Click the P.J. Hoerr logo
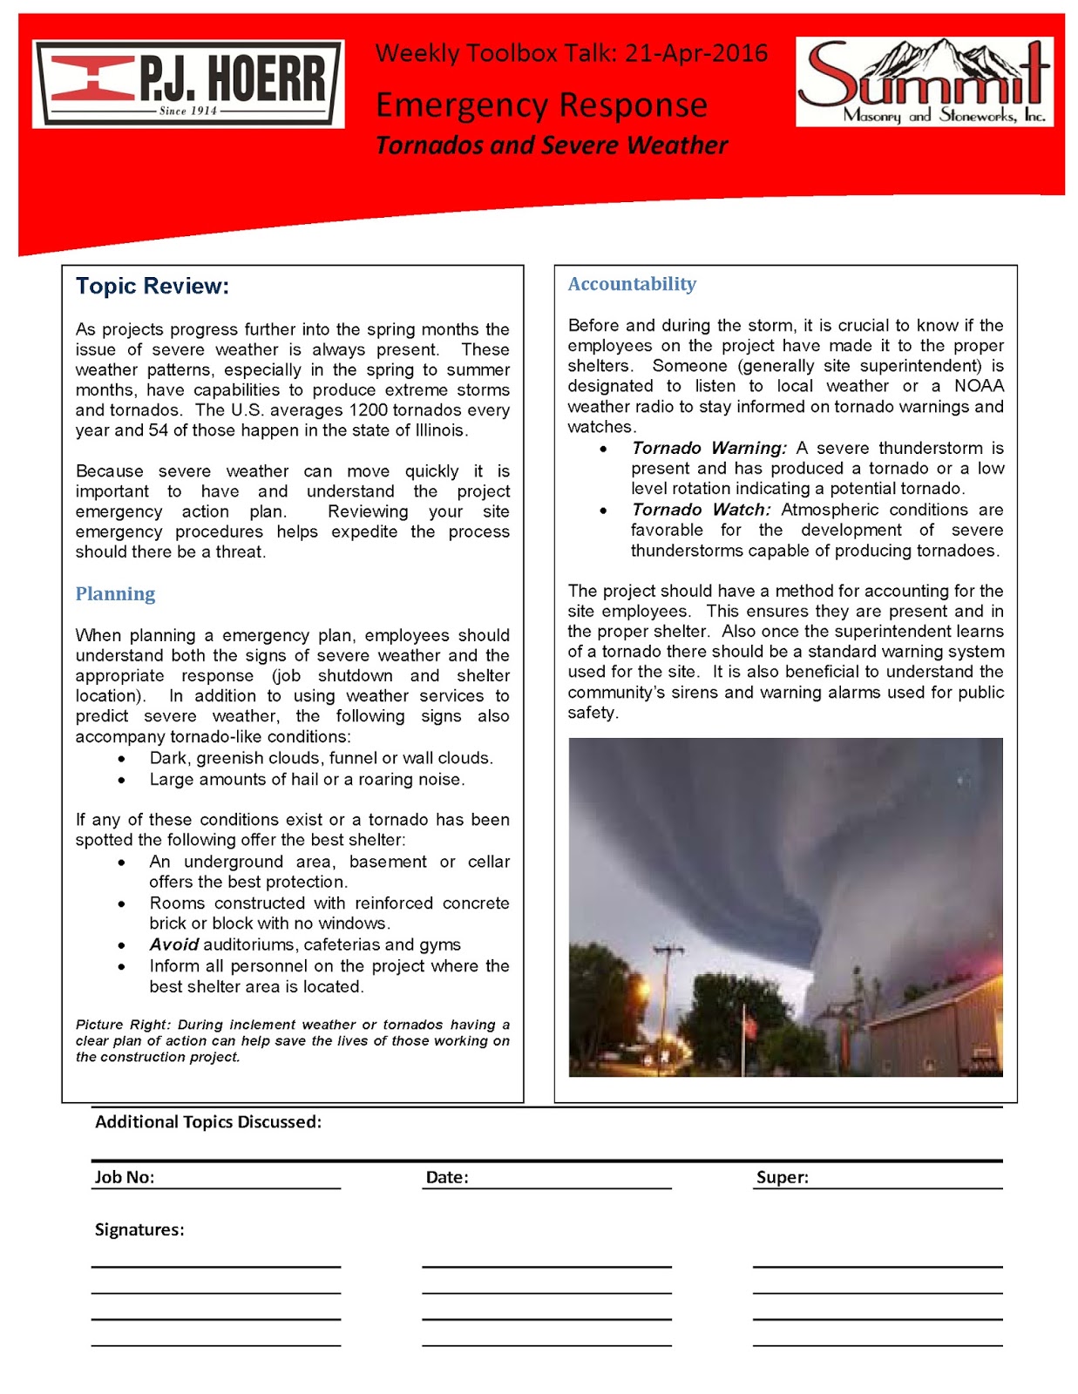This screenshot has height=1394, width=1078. (x=188, y=85)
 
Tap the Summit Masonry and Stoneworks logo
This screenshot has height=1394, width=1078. (x=924, y=82)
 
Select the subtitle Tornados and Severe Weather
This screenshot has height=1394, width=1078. (x=551, y=145)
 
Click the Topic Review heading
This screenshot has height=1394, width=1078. (x=153, y=287)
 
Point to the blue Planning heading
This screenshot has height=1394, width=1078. (x=115, y=594)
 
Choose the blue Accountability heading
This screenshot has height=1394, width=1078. (x=632, y=284)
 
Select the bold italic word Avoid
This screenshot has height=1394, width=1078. (x=173, y=944)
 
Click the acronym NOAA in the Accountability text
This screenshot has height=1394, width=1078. (x=979, y=386)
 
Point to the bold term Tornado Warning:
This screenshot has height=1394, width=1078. (x=708, y=448)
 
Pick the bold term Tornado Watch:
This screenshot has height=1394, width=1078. (x=701, y=510)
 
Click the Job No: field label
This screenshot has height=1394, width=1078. (x=125, y=1177)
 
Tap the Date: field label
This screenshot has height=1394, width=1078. (x=447, y=1177)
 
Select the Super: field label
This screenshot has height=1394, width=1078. (x=783, y=1177)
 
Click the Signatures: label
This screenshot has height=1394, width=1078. (x=139, y=1229)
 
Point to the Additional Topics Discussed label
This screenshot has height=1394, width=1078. (x=208, y=1122)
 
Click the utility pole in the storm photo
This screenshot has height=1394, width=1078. (x=669, y=993)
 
